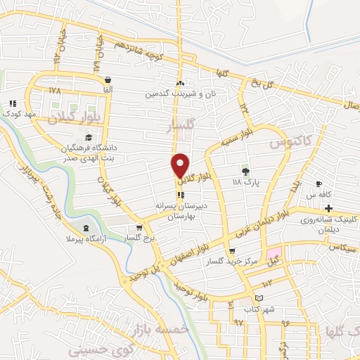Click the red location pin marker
coord(181,165)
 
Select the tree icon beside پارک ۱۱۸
coord(245,171)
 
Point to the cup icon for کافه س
coord(319,184)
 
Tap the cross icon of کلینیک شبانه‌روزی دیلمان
coord(328,208)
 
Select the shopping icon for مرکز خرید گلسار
coord(232,251)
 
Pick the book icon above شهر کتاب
coord(259,298)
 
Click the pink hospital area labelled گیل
coord(271,254)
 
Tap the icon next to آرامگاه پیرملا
coord(86,228)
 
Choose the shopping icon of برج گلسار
coord(139,227)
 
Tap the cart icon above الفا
coord(106,80)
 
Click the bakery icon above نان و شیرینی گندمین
coord(180,83)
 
